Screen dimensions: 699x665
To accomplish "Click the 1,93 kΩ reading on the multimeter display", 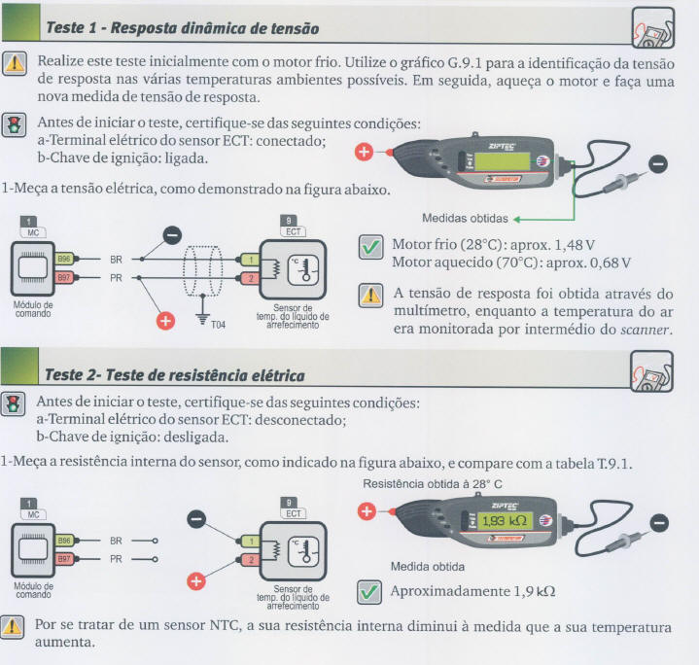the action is [505, 520].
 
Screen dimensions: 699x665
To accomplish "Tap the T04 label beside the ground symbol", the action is [218, 325].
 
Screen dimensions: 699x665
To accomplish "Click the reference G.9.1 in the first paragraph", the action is [465, 63].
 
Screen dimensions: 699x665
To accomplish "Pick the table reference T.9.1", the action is [613, 464].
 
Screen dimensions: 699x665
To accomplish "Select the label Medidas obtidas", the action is [465, 219].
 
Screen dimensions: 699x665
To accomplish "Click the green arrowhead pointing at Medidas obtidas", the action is [517, 220].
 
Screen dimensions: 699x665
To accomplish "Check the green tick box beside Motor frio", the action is [371, 247].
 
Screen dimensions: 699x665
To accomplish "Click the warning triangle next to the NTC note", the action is [12, 627].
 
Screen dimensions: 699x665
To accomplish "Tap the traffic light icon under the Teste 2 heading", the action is [13, 403].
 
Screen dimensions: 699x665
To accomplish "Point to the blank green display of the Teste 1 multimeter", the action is [502, 161].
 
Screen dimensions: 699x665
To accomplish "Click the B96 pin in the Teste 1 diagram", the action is [64, 259].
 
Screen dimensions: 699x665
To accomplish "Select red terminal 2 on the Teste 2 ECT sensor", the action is [251, 559].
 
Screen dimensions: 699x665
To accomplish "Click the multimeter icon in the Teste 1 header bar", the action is [653, 27].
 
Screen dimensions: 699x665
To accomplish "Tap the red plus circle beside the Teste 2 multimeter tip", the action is [367, 511].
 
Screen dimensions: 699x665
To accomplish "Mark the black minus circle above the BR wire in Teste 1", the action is [172, 235].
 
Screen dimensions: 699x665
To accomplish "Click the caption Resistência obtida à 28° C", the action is [433, 484].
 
